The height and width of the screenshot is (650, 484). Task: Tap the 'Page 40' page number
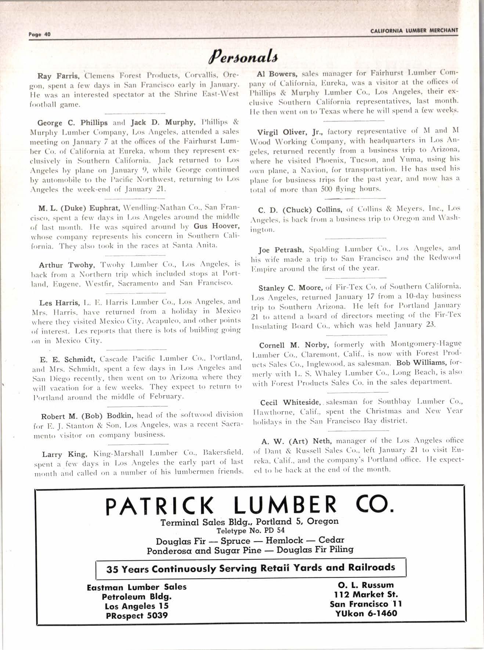pyautogui.click(x=39, y=35)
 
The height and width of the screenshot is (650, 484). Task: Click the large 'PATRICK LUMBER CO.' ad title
pyautogui.click(x=249, y=505)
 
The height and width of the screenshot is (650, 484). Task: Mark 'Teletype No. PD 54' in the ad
pyautogui.click(x=250, y=530)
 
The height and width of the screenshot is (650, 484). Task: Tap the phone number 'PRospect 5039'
pyautogui.click(x=137, y=615)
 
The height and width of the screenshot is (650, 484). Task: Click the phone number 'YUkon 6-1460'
pyautogui.click(x=366, y=613)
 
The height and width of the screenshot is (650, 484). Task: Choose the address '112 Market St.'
pyautogui.click(x=366, y=594)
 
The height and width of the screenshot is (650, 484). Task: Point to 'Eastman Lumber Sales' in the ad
pyautogui.click(x=137, y=587)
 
